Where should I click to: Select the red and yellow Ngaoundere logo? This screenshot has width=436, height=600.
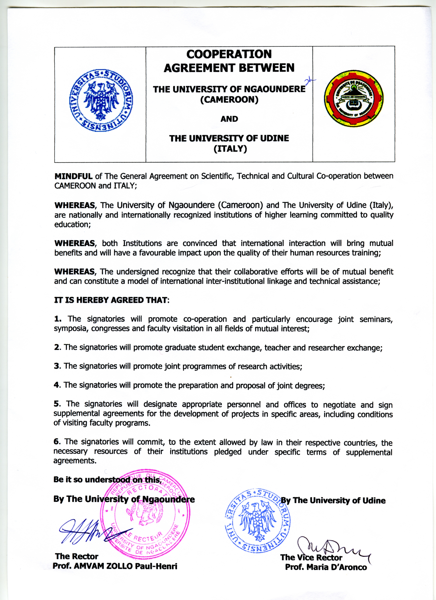[354, 98]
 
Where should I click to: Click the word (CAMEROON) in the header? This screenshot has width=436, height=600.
[229, 100]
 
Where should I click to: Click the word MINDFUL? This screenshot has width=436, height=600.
[73, 176]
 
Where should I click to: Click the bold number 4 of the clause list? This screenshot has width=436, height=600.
[57, 385]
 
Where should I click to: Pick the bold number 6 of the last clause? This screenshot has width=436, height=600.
[57, 442]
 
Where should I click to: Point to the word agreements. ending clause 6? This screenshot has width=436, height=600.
[75, 461]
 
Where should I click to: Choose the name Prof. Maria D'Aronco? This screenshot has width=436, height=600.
[326, 567]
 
